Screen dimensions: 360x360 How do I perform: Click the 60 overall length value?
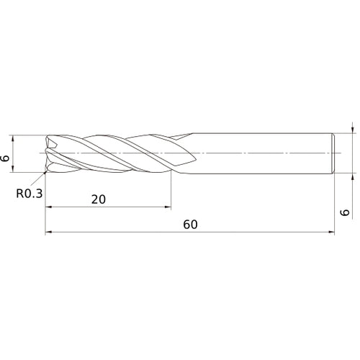coord(190,224)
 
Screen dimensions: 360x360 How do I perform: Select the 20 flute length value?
coord(99,199)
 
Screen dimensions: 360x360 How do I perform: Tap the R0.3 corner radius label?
coord(30,193)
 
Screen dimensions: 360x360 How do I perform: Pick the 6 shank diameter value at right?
coord(345,212)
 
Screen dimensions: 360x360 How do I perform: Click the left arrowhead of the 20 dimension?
coord(49,207)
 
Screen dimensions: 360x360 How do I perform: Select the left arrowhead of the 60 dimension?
coord(49,233)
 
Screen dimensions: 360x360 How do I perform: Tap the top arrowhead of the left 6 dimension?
coord(15,137)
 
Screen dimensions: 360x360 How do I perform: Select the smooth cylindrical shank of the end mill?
coord(259,153)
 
